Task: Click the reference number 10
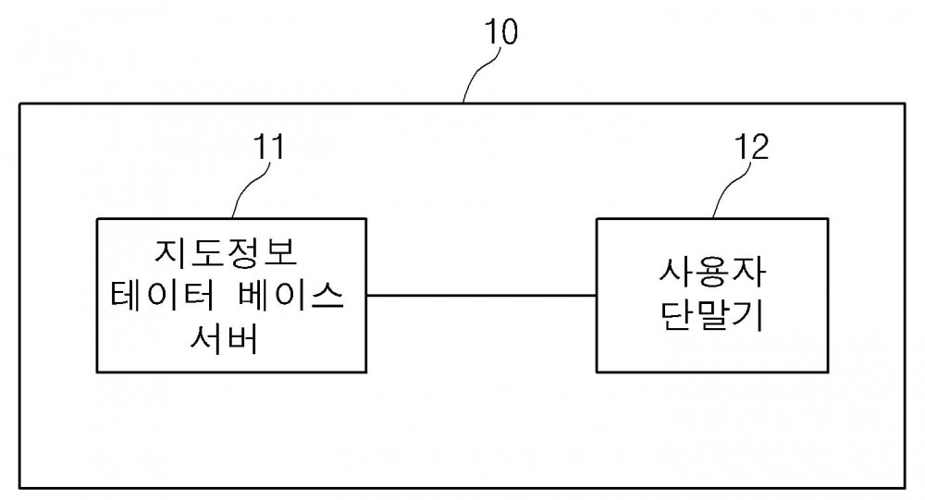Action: tap(500, 31)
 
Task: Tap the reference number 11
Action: tap(268, 147)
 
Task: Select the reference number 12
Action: tap(751, 147)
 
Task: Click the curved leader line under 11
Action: tap(252, 189)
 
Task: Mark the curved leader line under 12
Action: tap(732, 189)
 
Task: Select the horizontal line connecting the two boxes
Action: tap(481, 295)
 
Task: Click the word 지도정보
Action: tap(226, 252)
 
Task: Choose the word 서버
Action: tap(224, 339)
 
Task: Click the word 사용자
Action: tap(712, 273)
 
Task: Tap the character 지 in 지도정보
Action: tap(172, 252)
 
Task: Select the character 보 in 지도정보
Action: tap(279, 252)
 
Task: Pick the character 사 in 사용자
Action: tap(676, 273)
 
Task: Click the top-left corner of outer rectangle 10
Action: tap(20, 104)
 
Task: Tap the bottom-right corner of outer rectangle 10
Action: tap(905, 488)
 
